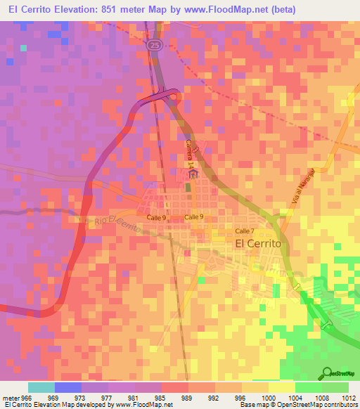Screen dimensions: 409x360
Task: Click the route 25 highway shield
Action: coord(153,44)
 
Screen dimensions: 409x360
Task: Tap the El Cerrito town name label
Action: coord(257,242)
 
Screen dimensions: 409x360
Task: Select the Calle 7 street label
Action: coord(243,231)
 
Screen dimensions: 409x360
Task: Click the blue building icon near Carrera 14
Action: coord(193,175)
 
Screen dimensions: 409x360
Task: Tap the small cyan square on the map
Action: coord(23,48)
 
